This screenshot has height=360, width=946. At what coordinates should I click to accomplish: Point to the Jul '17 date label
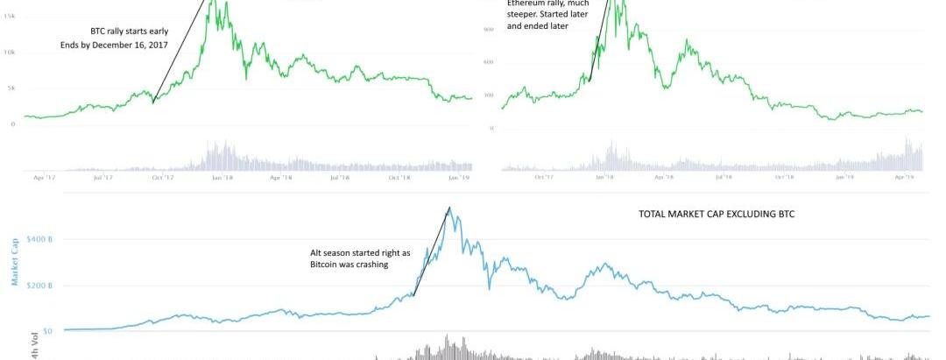click(x=102, y=177)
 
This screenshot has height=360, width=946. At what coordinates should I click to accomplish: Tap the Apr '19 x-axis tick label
click(x=903, y=177)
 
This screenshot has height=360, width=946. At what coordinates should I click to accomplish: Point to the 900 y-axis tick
click(x=490, y=30)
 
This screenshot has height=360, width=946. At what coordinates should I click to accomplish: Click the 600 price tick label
click(x=490, y=62)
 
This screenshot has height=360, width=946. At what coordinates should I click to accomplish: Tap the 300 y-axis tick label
click(x=490, y=95)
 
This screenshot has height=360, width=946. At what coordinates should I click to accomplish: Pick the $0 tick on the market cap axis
click(x=46, y=332)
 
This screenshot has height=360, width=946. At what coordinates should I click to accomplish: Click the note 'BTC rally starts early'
click(x=129, y=31)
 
